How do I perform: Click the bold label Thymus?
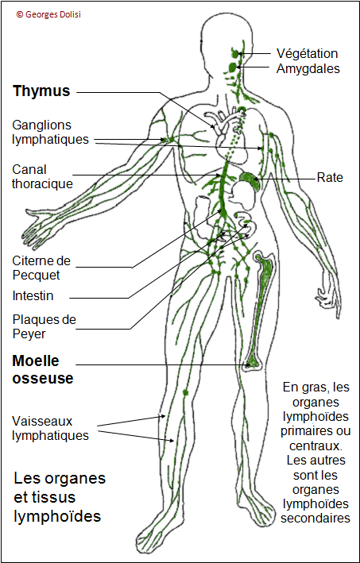41,92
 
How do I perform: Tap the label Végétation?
308,54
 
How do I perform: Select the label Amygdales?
308,68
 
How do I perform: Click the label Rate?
330,177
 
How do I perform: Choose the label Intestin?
33,296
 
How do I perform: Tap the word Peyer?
29,334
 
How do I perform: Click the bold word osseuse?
43,379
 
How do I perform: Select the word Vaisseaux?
42,420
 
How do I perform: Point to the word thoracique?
42,183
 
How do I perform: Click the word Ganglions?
41,125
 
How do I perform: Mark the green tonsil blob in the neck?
233,67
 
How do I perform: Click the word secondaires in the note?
315,519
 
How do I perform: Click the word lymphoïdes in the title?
57,518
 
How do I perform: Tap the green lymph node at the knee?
185,392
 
